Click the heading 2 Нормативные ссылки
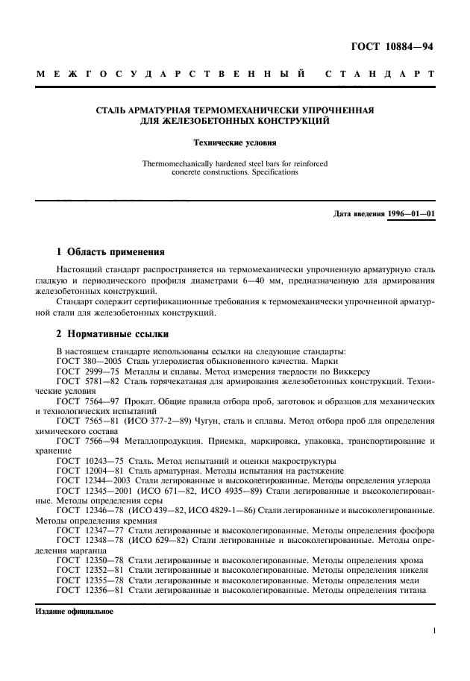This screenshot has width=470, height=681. coord(113,334)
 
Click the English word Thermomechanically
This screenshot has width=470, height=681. coord(182,163)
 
